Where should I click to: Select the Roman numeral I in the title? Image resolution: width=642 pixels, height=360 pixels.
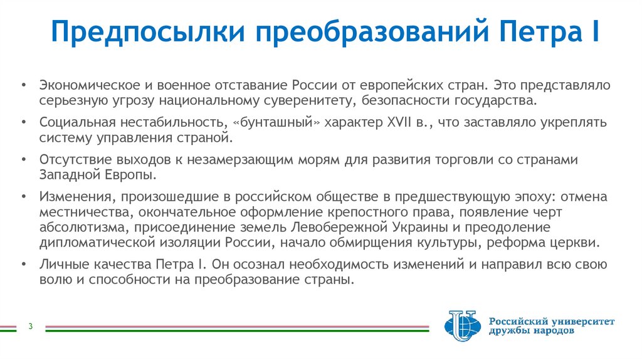tap(593, 31)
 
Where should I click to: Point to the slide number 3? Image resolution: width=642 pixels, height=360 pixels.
tap(30, 327)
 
